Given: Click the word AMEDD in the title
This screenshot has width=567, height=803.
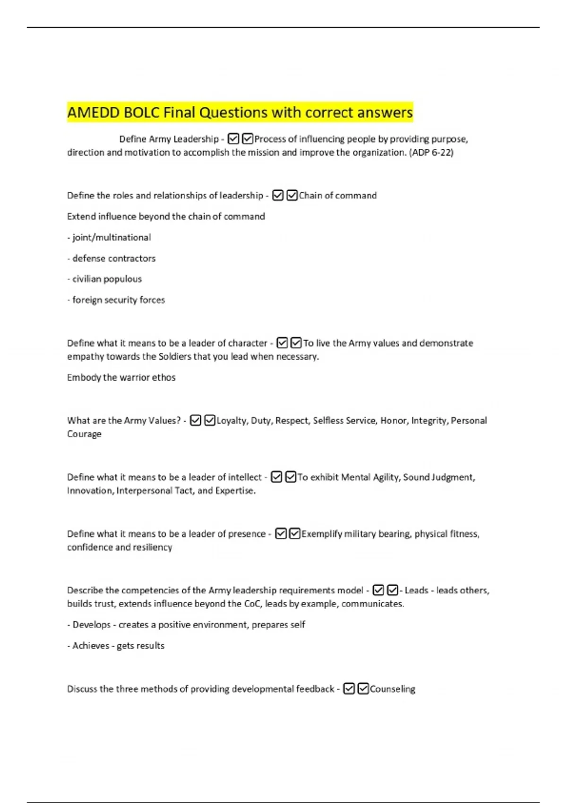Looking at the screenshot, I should point(93,113).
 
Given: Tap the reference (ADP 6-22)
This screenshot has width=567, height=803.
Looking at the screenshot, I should point(430,153).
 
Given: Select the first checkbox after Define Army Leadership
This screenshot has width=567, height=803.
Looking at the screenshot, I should point(233,139).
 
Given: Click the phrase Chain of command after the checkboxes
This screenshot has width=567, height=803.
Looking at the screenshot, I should point(338,196).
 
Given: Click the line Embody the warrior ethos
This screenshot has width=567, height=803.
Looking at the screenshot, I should point(121,377).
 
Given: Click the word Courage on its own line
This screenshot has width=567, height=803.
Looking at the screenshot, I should point(84,434).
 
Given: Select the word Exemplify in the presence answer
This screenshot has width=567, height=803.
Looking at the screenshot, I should point(322,534).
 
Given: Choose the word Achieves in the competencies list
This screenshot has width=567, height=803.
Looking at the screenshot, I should point(91,646).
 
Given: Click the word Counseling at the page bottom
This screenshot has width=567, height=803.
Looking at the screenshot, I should point(393,689).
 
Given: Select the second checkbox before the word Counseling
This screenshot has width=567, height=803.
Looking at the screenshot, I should point(363,689).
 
